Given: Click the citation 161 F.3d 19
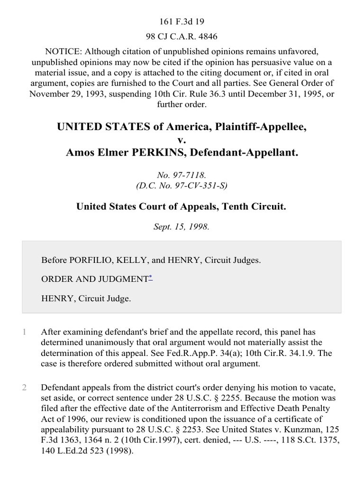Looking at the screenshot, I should [x=182, y=21].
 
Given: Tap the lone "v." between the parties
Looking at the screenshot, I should [x=182, y=140].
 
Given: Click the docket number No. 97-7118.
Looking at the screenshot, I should [x=182, y=175].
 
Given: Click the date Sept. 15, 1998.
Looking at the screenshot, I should [x=182, y=226].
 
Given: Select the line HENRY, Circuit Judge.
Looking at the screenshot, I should [x=86, y=299].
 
